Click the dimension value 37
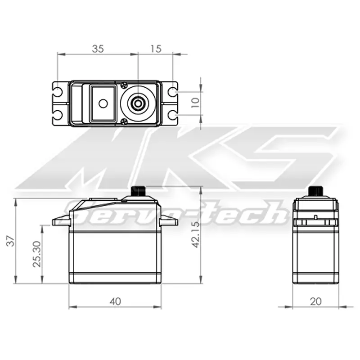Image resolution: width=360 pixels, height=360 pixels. (10, 242)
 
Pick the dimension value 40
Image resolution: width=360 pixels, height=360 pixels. (115, 301)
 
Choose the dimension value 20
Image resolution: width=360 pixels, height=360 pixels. (316, 301)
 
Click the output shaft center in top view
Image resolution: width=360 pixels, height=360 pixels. (137, 103)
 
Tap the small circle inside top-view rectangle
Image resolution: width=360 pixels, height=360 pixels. (103, 103)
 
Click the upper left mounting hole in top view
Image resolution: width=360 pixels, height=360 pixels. (58, 92)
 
